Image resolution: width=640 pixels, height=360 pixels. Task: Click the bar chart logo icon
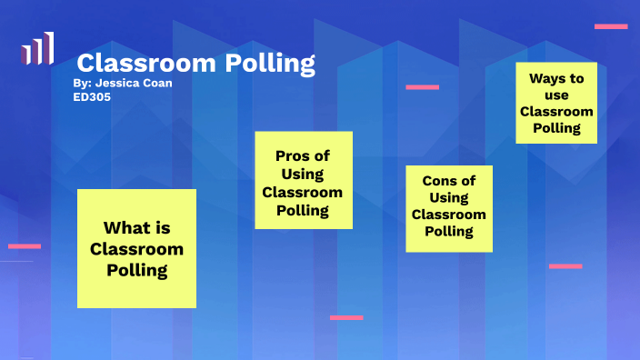pyautogui.click(x=37, y=49)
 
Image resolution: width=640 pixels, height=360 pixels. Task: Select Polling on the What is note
pyautogui.click(x=136, y=269)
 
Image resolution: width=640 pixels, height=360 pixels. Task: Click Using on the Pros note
pyautogui.click(x=302, y=174)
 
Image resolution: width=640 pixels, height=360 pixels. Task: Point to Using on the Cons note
pyautogui.click(x=449, y=197)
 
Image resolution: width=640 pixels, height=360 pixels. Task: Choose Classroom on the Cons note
pyautogui.click(x=449, y=215)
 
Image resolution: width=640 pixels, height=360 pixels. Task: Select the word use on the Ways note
pyautogui.click(x=556, y=95)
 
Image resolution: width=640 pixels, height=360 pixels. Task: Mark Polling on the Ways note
pyautogui.click(x=556, y=128)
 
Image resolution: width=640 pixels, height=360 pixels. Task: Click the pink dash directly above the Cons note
pyautogui.click(x=422, y=87)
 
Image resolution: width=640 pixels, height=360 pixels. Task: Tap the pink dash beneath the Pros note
pyautogui.click(x=346, y=317)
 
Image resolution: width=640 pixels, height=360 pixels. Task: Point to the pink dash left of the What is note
pyautogui.click(x=25, y=245)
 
